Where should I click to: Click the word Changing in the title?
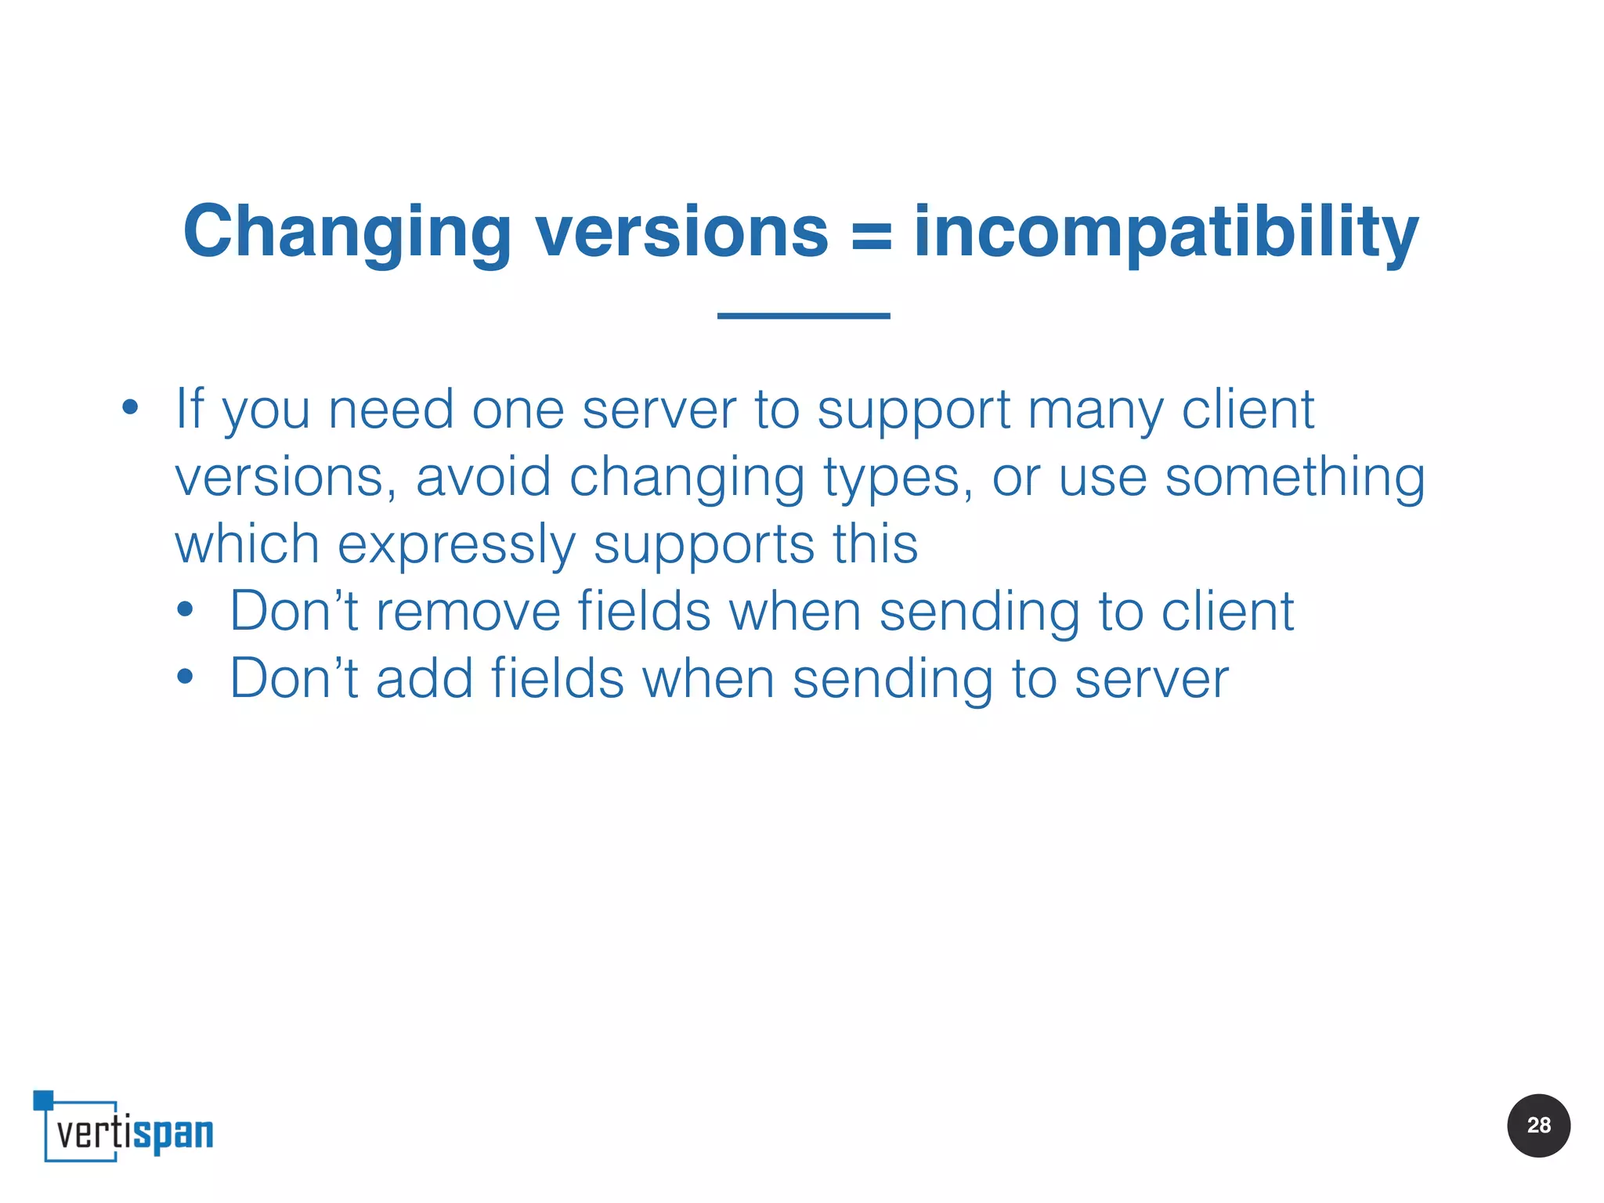click(347, 233)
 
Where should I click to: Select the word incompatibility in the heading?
click(1166, 233)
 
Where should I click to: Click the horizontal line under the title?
click(804, 316)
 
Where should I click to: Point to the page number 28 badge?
click(1538, 1125)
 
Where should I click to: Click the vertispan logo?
click(125, 1128)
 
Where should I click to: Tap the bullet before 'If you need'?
click(130, 407)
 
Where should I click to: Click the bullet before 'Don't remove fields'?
click(185, 610)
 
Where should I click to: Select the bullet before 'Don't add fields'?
click(185, 677)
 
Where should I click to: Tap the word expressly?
click(456, 544)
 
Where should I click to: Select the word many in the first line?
click(1095, 410)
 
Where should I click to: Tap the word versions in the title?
click(681, 233)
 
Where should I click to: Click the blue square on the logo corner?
click(43, 1100)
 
